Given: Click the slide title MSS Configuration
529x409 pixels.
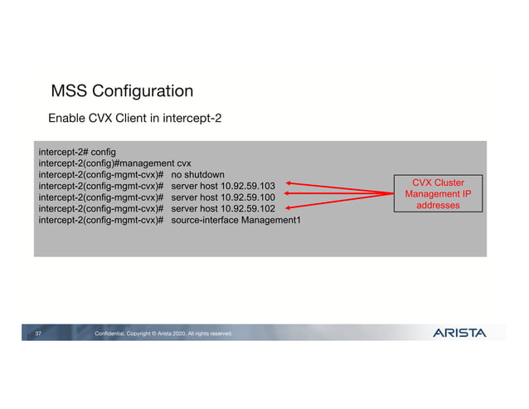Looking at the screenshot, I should tap(122, 91).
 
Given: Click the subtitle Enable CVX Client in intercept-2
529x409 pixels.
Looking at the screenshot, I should tap(134, 119).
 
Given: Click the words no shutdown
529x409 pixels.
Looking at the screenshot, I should tap(198, 176).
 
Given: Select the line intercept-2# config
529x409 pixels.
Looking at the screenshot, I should tap(76, 153).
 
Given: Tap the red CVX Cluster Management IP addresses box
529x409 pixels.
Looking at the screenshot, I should tap(438, 193).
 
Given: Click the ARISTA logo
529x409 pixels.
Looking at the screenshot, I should tap(459, 334).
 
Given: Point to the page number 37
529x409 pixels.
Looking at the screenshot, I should tap(38, 334).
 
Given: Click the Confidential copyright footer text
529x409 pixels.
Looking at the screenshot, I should tap(163, 334).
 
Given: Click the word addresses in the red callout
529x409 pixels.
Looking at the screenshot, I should tap(438, 205).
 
